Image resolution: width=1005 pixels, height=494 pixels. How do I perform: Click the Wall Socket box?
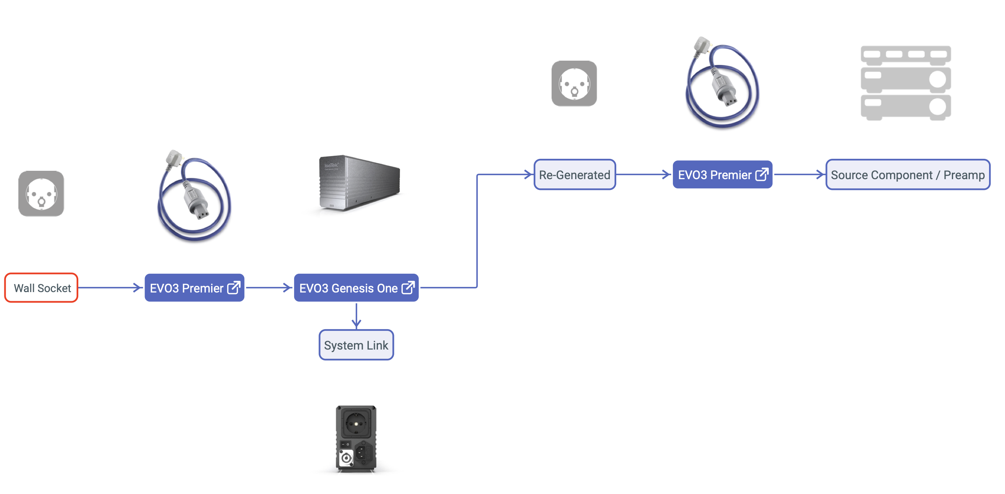point(41,288)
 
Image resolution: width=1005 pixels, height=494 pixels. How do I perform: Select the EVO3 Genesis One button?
point(348,288)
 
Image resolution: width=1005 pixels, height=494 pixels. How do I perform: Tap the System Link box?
point(356,345)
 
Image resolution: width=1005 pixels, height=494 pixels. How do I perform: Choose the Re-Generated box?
point(574,175)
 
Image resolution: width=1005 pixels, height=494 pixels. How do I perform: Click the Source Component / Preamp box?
point(907,175)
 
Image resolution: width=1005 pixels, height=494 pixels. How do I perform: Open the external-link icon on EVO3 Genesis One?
point(408,288)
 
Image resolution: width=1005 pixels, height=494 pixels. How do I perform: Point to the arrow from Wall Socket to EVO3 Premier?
point(110,288)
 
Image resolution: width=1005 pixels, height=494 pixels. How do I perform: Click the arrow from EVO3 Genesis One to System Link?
point(356,315)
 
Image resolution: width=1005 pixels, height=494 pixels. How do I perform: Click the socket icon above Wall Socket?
point(41,194)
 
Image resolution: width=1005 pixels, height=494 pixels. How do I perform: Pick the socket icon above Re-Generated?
point(574,83)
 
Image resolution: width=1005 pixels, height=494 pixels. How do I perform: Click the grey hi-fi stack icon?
point(906,83)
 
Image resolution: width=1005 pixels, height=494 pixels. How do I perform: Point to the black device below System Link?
point(356,439)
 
